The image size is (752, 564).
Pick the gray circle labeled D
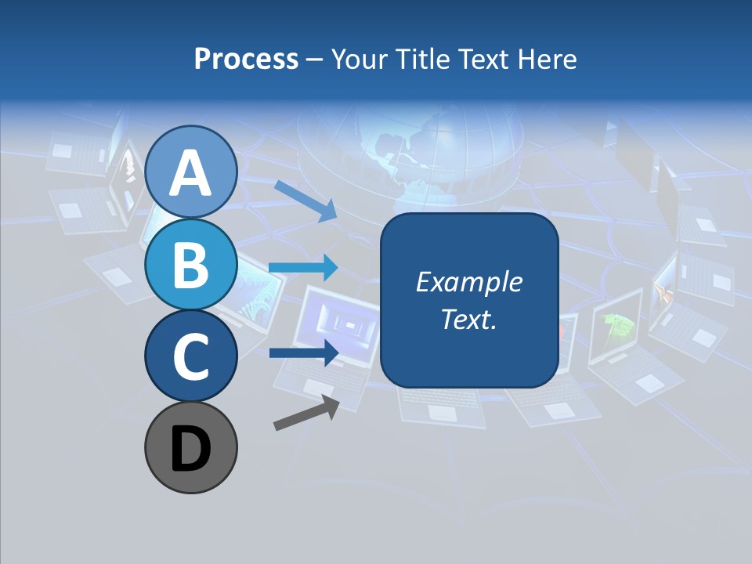(190, 447)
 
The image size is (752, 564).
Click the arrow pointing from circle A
(305, 199)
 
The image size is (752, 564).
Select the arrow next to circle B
(303, 268)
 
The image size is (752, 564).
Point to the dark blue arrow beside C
(303, 352)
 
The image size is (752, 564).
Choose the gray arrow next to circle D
(306, 413)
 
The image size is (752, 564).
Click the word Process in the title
(246, 59)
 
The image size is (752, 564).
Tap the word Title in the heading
(424, 59)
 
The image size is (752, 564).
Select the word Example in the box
(468, 282)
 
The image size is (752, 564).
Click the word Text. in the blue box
(468, 319)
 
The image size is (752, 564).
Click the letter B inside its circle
(190, 265)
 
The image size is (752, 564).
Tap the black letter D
(190, 449)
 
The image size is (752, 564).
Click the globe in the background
(407, 157)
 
